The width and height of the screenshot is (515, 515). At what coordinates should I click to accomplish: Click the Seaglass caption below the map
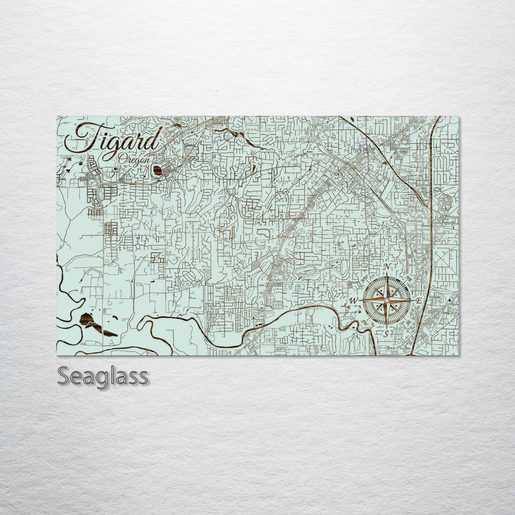click(x=102, y=376)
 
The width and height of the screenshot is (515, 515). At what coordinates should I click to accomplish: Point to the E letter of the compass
click(x=419, y=300)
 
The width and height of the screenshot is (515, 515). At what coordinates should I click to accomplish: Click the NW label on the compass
click(x=364, y=280)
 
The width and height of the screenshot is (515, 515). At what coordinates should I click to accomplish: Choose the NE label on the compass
click(x=408, y=280)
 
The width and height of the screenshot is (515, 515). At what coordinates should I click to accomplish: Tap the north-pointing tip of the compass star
click(x=386, y=274)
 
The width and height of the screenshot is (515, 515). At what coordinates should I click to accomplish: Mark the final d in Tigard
click(x=153, y=140)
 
